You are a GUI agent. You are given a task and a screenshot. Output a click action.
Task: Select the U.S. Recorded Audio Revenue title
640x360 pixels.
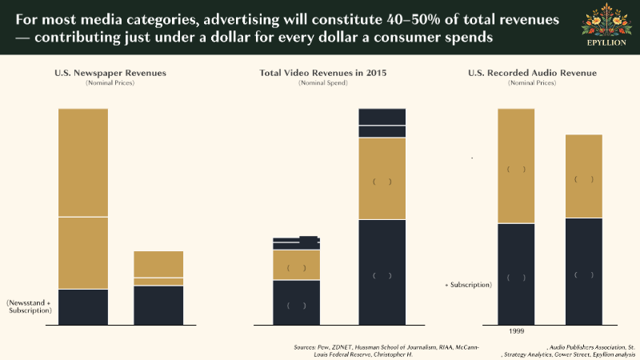pyautogui.click(x=532, y=73)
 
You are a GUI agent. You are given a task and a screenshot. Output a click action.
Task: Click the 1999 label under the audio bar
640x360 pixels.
pyautogui.click(x=517, y=330)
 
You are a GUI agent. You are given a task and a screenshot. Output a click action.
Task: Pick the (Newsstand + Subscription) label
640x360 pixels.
pyautogui.click(x=30, y=306)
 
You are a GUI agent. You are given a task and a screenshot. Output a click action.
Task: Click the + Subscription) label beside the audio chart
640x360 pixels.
pyautogui.click(x=469, y=284)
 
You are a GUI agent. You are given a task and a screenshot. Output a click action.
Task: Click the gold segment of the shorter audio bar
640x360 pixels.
pyautogui.click(x=583, y=176)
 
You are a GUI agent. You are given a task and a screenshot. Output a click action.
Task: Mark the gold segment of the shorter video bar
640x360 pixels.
pyautogui.click(x=296, y=265)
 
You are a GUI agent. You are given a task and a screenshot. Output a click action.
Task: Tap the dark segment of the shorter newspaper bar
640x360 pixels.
pyautogui.click(x=158, y=305)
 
